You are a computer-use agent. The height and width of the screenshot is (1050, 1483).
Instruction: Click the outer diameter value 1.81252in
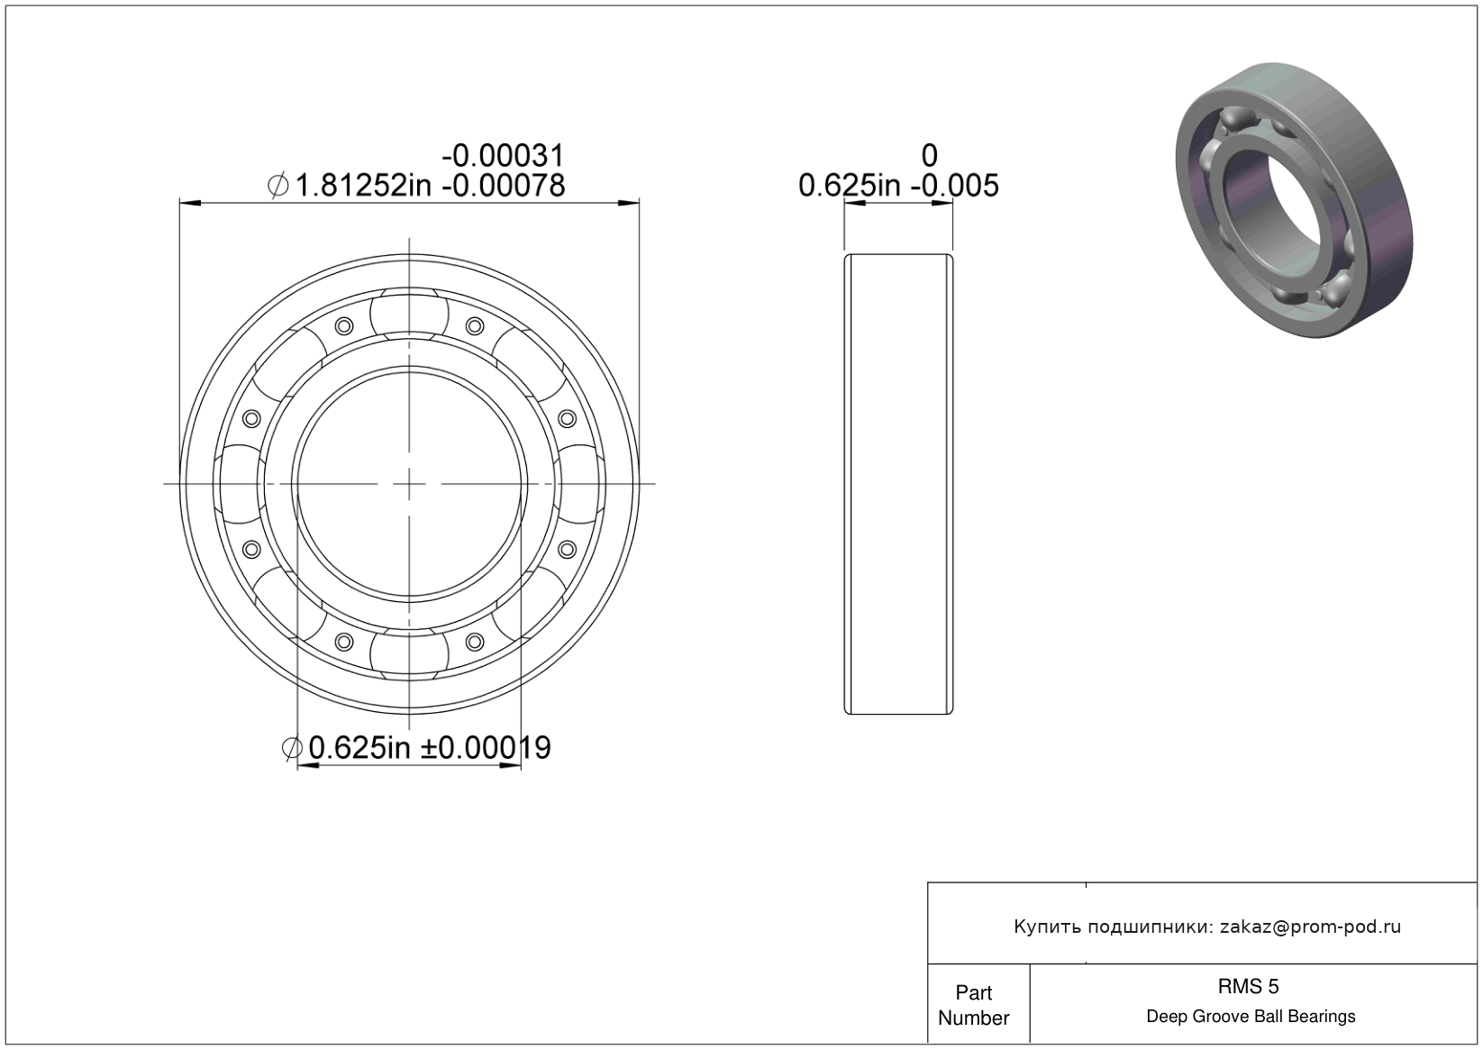click(363, 186)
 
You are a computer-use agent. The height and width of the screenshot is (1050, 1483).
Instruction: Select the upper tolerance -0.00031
click(503, 156)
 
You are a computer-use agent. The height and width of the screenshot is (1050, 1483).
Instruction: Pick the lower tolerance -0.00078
click(503, 186)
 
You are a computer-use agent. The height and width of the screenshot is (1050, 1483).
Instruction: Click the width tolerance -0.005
click(955, 186)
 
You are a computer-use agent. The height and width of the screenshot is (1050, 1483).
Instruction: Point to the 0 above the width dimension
click(930, 156)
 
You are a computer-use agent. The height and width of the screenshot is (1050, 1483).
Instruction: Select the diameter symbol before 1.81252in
click(278, 186)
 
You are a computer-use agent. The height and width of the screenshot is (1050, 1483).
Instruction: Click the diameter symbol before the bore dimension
click(292, 749)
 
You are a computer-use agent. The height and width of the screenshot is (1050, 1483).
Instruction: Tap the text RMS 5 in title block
click(1248, 986)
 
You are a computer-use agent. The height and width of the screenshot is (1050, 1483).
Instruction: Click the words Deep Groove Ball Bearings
click(1251, 1017)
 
